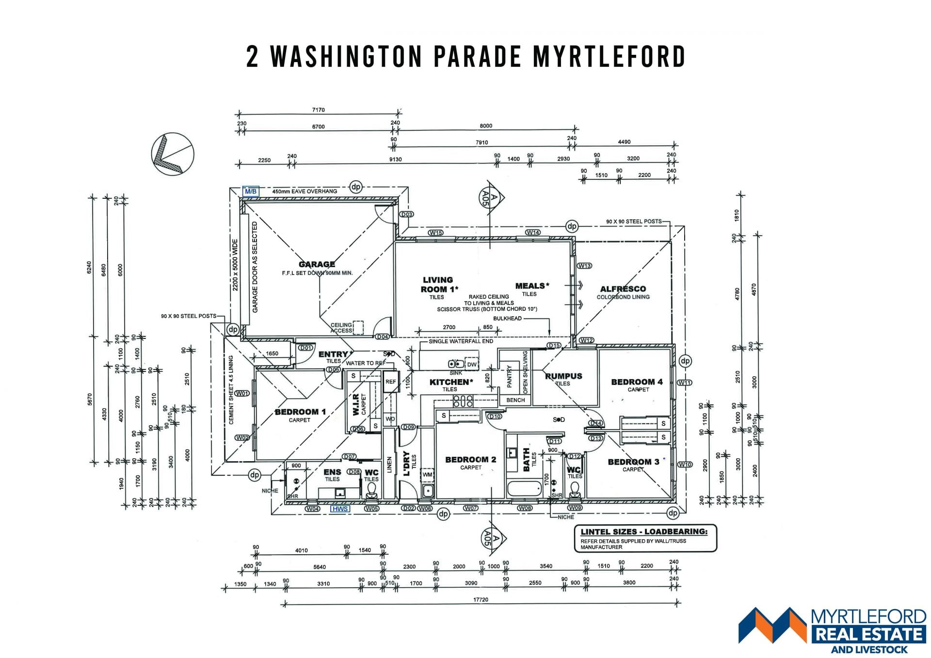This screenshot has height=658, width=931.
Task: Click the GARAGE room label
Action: tap(317, 264)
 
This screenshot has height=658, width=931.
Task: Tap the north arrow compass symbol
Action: tap(173, 154)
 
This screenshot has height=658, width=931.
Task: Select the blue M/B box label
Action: tap(250, 192)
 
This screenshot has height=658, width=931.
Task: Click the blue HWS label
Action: tap(340, 509)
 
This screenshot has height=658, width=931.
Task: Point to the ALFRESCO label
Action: tap(623, 289)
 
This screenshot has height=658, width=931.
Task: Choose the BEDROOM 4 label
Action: tap(637, 382)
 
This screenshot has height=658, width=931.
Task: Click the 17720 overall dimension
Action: tap(481, 600)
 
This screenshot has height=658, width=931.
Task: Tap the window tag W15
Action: tap(435, 233)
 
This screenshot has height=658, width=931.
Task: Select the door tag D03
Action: tap(406, 214)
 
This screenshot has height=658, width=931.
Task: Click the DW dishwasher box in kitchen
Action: tap(471, 364)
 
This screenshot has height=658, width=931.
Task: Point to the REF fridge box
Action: tap(390, 382)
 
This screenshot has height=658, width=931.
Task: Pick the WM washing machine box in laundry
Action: tap(427, 475)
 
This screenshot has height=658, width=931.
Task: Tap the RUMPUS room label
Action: tap(563, 376)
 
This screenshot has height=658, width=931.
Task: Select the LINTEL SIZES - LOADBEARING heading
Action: tap(644, 531)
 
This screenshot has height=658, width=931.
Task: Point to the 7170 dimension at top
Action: tap(318, 110)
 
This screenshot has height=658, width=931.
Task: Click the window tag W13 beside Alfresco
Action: tap(584, 266)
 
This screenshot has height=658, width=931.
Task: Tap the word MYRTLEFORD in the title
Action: tap(609, 56)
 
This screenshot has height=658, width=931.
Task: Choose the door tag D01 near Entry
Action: tap(305, 348)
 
